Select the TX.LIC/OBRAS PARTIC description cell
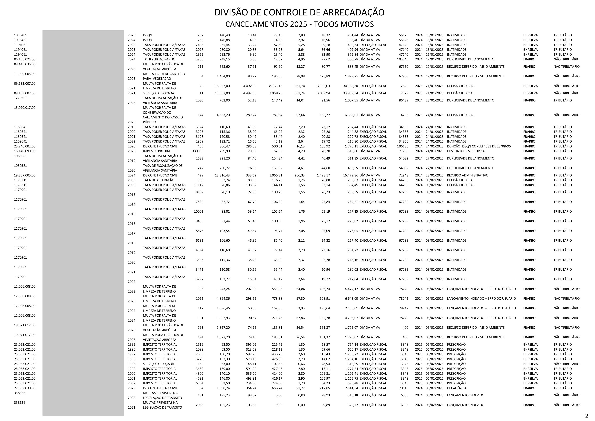click(x=159, y=59)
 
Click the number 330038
click(x=198, y=151)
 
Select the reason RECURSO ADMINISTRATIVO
click(x=467, y=175)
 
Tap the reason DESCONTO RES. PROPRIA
click(x=466, y=151)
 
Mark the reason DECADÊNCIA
click(x=456, y=388)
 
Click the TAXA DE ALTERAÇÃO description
click(x=159, y=180)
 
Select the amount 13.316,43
click(x=222, y=175)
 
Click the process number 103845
click(x=402, y=59)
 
